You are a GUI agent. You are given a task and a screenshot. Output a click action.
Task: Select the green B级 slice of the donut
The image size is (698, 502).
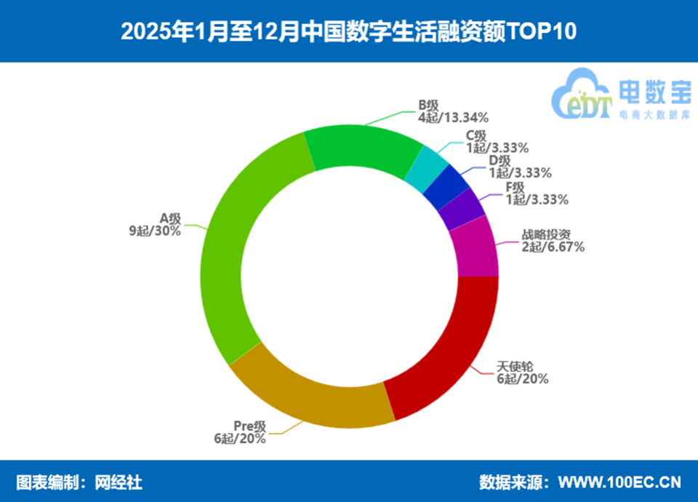[x=362, y=148]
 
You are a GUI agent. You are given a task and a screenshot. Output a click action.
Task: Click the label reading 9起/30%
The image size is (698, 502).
[x=156, y=231]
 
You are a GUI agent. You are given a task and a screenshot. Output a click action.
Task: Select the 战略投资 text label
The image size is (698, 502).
[x=546, y=235]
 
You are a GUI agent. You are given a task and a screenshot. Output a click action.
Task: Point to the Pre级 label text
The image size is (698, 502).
[x=250, y=426]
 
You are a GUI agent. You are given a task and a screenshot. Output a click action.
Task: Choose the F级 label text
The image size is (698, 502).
[x=516, y=187]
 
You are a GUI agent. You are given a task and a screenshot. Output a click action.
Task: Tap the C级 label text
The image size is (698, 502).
[x=476, y=135]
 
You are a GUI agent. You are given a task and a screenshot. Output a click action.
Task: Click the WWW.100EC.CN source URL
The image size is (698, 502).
[x=619, y=482]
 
